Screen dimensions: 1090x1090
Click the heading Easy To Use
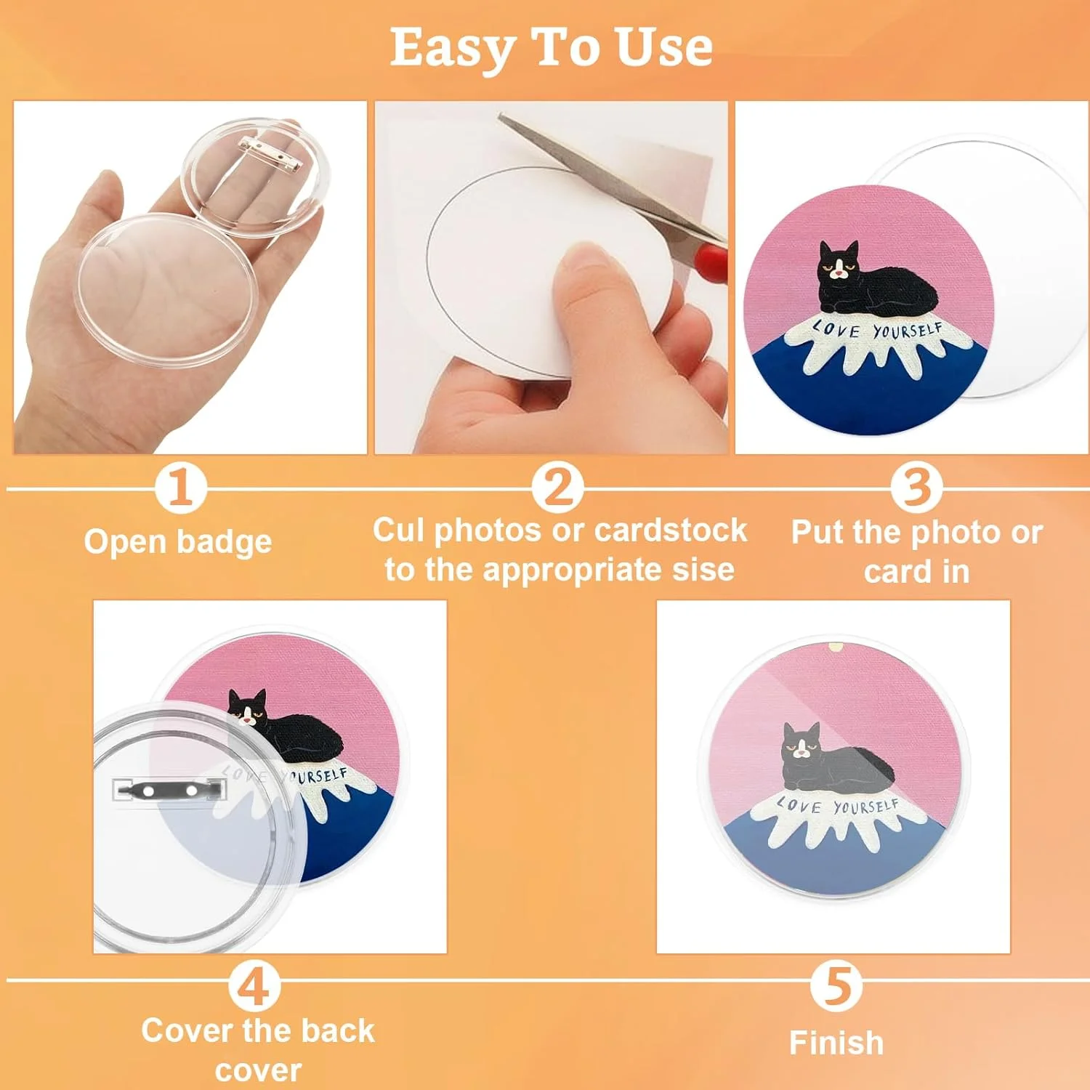(551, 49)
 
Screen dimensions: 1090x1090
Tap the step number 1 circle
(180, 488)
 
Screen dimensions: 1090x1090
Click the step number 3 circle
(916, 488)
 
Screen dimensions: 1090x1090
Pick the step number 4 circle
(254, 986)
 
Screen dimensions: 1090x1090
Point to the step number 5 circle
(836, 986)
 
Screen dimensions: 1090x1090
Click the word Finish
(836, 1043)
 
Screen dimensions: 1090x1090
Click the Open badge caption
(178, 542)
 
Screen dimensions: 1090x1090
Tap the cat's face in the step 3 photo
(839, 262)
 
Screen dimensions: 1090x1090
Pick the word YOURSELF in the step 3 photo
(908, 331)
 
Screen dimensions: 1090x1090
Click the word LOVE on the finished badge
(799, 805)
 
